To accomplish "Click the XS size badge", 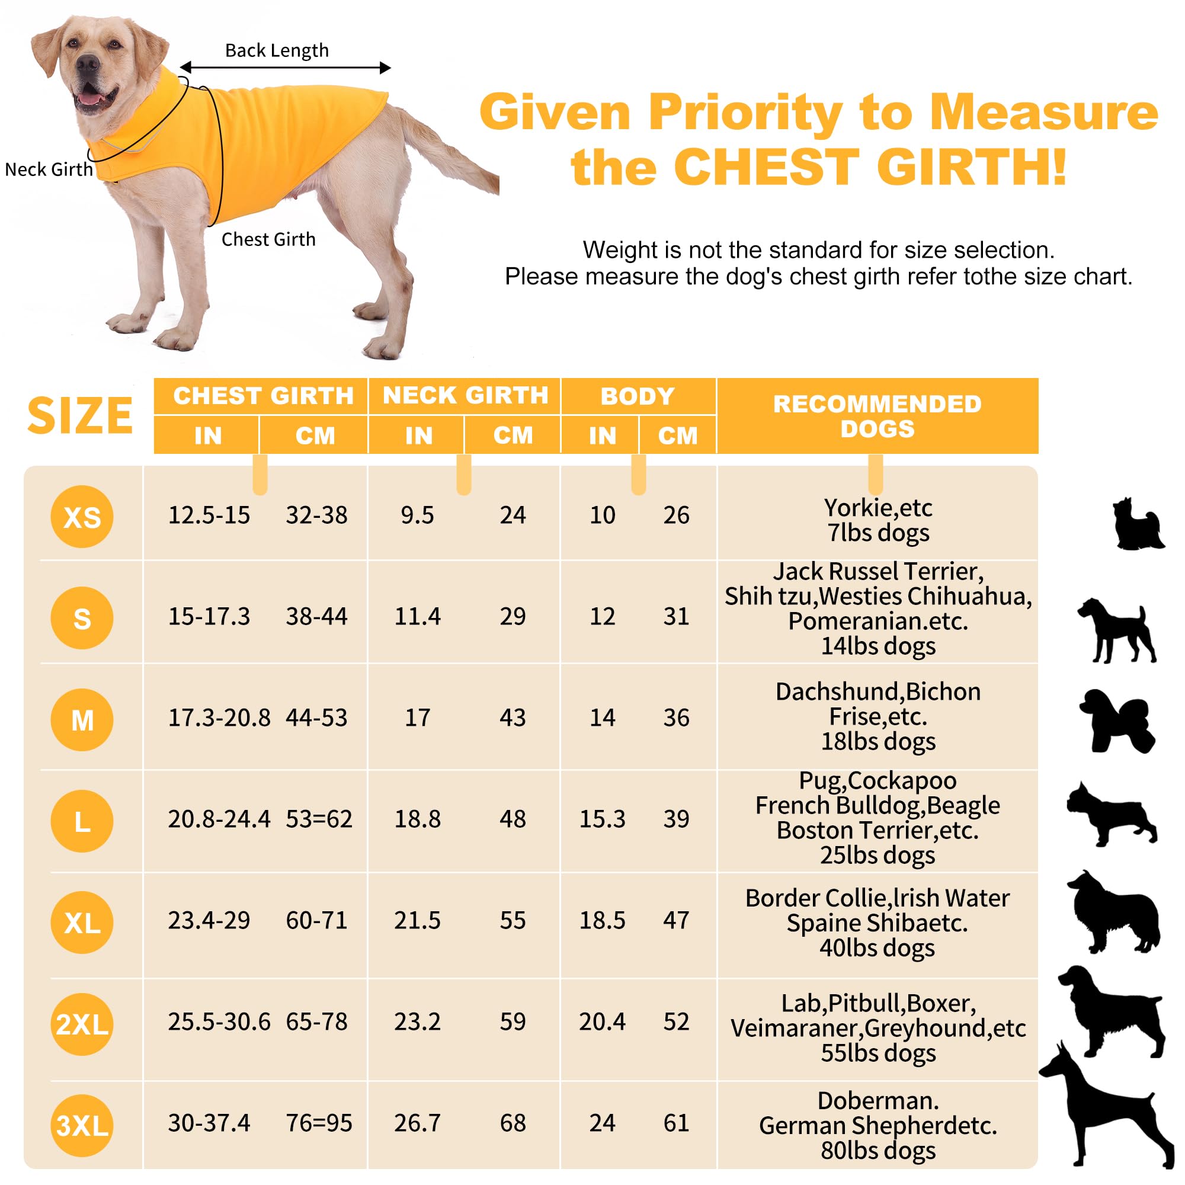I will (x=82, y=517).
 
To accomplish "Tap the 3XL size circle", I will (x=82, y=1125).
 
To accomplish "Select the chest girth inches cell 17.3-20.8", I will (x=219, y=717).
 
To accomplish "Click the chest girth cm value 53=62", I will (x=319, y=819).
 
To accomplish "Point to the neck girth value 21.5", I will (x=417, y=920).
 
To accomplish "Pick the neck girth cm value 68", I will (x=513, y=1123).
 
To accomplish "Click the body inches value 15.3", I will (x=603, y=819).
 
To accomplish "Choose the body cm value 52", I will (x=677, y=1022).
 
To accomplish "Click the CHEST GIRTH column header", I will (x=263, y=396).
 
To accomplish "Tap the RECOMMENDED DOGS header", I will (x=877, y=416).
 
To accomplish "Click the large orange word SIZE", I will (x=80, y=416).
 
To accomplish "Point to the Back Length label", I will (x=277, y=50).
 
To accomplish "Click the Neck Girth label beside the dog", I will (x=49, y=169).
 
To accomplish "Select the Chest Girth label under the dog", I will (x=268, y=239).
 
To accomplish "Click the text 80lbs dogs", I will (x=877, y=1151).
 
